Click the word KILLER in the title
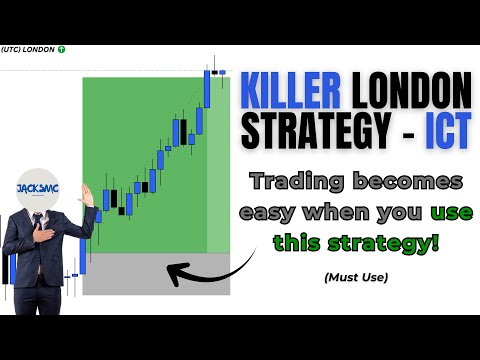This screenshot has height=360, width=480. [291, 93]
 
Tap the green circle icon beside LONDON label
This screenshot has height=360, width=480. [62, 49]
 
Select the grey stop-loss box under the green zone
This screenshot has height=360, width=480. [156, 274]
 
